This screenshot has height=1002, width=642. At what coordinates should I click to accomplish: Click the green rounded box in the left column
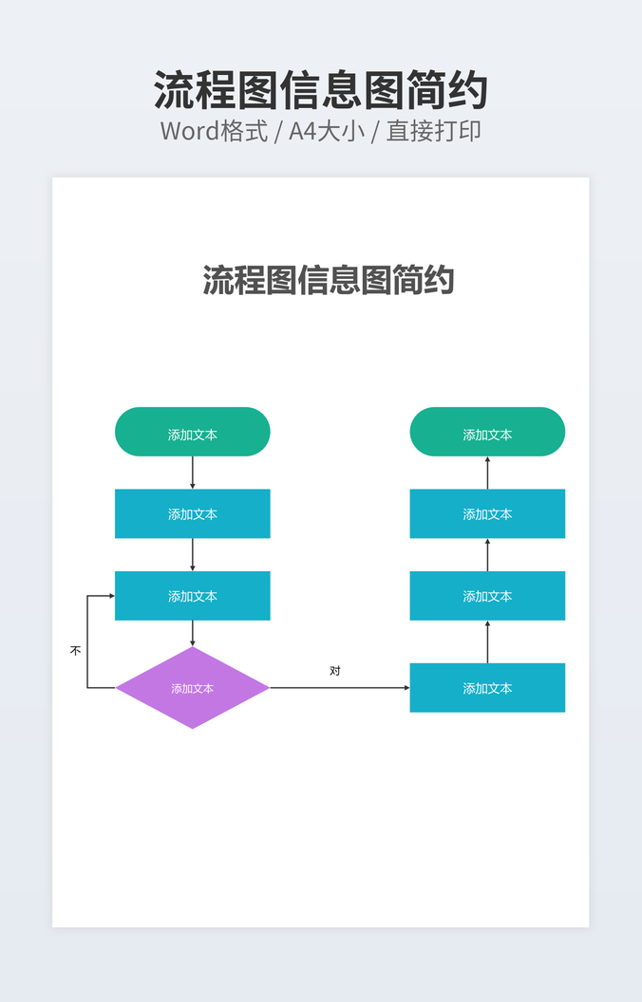[192, 432]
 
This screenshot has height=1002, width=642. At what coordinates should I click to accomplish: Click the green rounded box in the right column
[487, 432]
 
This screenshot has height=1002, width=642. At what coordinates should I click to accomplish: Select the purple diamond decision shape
[192, 688]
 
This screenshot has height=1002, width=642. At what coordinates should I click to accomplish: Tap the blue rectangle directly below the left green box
[192, 513]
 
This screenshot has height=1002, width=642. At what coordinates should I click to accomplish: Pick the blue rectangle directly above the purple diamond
[192, 596]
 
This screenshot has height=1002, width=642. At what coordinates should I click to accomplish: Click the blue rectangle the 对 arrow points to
[487, 688]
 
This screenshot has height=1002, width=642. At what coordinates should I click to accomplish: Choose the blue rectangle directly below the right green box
[487, 513]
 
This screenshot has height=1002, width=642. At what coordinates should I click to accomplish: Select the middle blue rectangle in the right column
[487, 596]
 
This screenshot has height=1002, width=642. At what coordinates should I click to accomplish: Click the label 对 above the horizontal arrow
[335, 671]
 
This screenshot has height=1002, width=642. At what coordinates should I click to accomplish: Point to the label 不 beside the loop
[76, 651]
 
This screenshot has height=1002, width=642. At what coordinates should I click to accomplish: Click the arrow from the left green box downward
[193, 473]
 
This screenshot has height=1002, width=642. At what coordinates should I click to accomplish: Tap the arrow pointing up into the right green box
[487, 473]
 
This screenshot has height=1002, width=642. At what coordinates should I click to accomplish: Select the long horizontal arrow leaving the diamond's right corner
[339, 688]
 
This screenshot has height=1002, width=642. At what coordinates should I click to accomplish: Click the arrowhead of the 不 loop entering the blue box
[111, 596]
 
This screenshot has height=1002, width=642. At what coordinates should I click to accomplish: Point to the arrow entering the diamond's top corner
[193, 634]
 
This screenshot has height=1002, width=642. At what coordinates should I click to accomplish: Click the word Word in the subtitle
[189, 131]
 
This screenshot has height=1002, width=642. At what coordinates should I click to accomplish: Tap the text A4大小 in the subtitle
[327, 131]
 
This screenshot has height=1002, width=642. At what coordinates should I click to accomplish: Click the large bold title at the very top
[320, 91]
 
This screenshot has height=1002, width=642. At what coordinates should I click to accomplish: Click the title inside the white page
[328, 280]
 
